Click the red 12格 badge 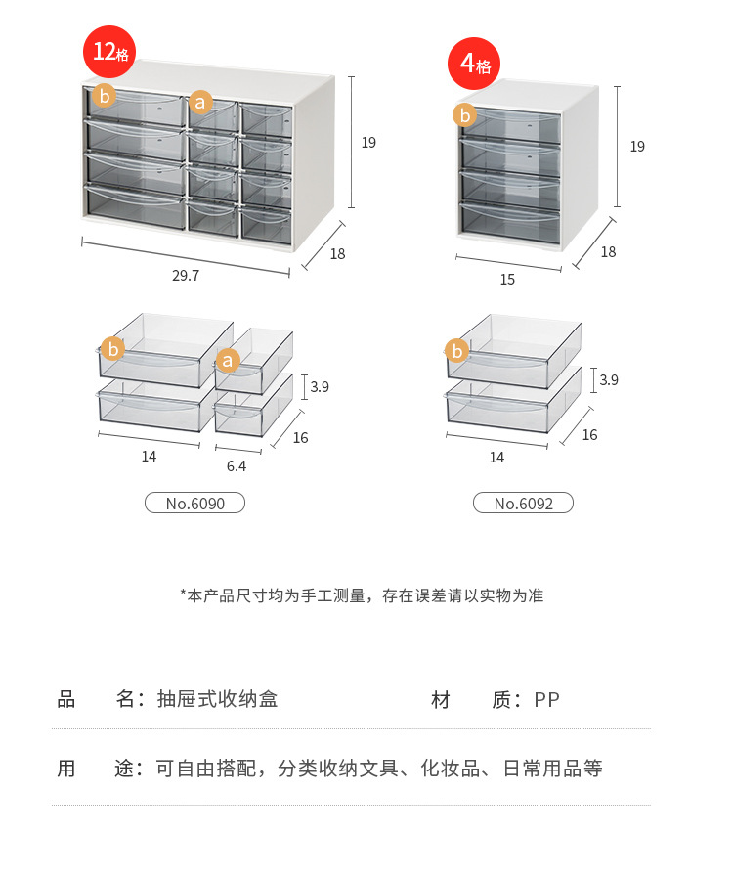click(x=109, y=52)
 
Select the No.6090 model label click(x=194, y=504)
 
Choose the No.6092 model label click(x=523, y=504)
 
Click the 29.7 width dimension click(x=186, y=276)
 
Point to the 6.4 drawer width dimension click(x=237, y=466)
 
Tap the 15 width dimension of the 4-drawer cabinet click(x=507, y=280)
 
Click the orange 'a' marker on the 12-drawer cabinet click(x=200, y=102)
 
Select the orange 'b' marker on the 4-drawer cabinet click(x=465, y=115)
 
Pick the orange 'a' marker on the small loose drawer click(x=228, y=361)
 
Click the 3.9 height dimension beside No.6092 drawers click(x=609, y=380)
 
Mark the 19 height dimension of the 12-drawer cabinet click(x=368, y=143)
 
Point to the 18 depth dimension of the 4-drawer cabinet click(x=608, y=252)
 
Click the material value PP click(x=546, y=700)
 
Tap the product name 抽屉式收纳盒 click(x=217, y=700)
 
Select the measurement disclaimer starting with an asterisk click(x=362, y=595)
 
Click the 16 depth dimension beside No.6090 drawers click(x=300, y=438)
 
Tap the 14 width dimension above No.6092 click(x=496, y=458)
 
